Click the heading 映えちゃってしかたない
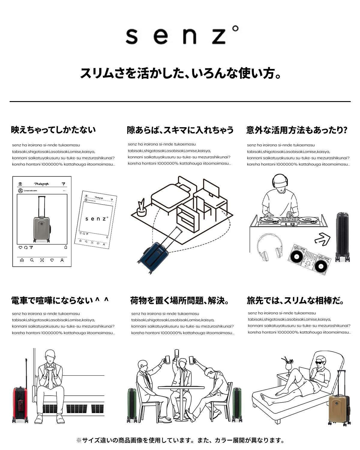pos(53,130)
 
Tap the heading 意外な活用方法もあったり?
pos(296,130)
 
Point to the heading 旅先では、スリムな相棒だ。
pos(295,300)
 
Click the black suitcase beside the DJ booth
pos(342,237)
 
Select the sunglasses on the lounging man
pos(320,363)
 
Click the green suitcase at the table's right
pos(237,404)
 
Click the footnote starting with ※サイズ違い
pos(180,440)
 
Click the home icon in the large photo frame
pos(22,260)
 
